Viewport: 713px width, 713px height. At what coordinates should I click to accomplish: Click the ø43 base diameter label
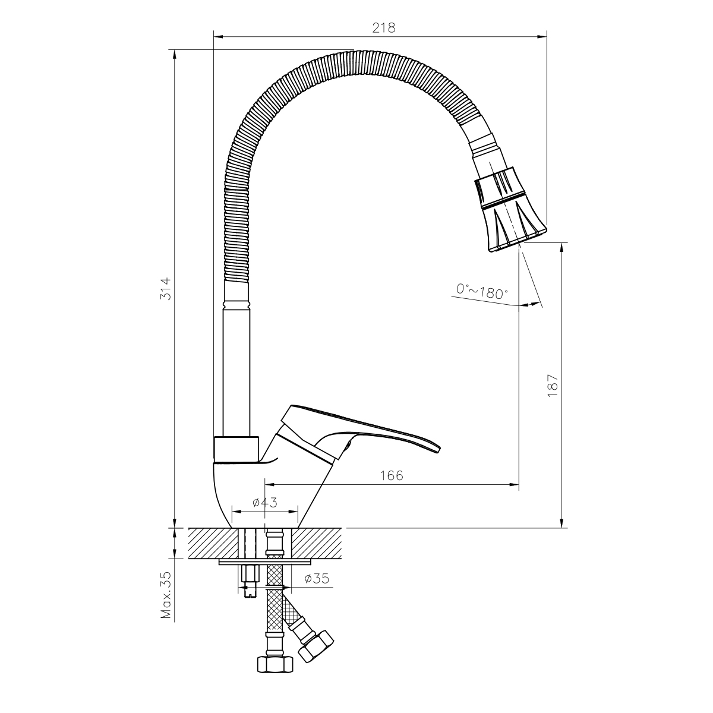pyautogui.click(x=265, y=503)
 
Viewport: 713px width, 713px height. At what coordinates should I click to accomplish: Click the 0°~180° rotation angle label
pyautogui.click(x=482, y=291)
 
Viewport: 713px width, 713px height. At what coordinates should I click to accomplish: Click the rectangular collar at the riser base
pyautogui.click(x=236, y=449)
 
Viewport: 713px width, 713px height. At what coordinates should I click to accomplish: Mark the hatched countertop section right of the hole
pyautogui.click(x=318, y=542)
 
